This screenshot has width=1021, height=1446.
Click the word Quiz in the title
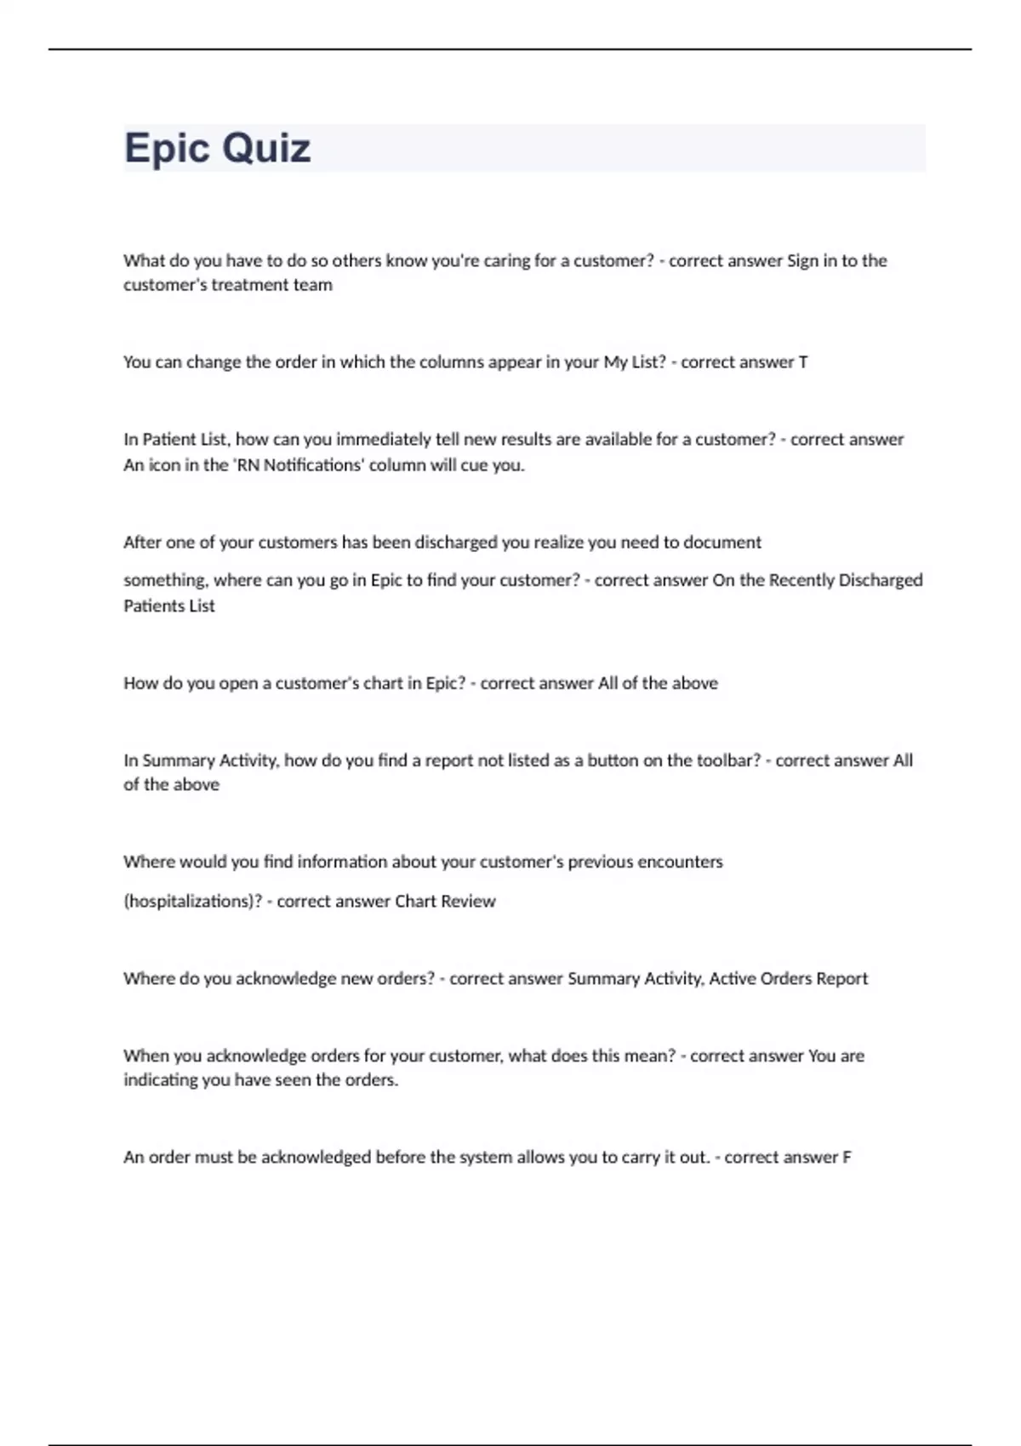(x=265, y=149)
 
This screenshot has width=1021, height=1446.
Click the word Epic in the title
(x=167, y=149)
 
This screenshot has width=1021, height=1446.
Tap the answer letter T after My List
(x=802, y=362)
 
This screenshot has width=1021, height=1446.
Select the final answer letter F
(x=847, y=1158)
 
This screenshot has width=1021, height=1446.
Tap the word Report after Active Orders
(x=841, y=979)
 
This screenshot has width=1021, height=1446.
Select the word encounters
(x=680, y=862)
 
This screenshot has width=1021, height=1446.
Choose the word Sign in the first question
(x=802, y=261)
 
